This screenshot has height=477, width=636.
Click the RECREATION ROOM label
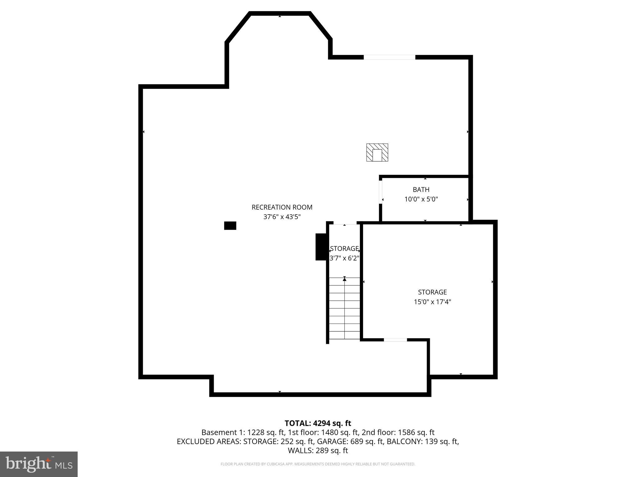282,207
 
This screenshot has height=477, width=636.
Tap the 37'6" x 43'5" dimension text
282,217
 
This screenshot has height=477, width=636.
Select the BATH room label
421,189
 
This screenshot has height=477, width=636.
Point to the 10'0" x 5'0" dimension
421,199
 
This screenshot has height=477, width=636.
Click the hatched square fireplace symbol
377,152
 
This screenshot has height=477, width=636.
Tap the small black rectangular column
230,225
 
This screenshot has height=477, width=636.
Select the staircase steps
344,311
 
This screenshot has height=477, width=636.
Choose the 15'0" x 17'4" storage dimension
432,302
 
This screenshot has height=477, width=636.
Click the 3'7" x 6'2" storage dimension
344,258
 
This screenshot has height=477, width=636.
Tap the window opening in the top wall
389,57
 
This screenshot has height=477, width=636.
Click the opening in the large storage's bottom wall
395,340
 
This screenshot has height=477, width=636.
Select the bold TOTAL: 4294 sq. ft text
318,423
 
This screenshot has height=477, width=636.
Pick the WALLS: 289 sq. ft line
318,450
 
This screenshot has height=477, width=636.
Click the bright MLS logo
39,464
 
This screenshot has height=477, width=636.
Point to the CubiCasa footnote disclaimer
318,464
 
